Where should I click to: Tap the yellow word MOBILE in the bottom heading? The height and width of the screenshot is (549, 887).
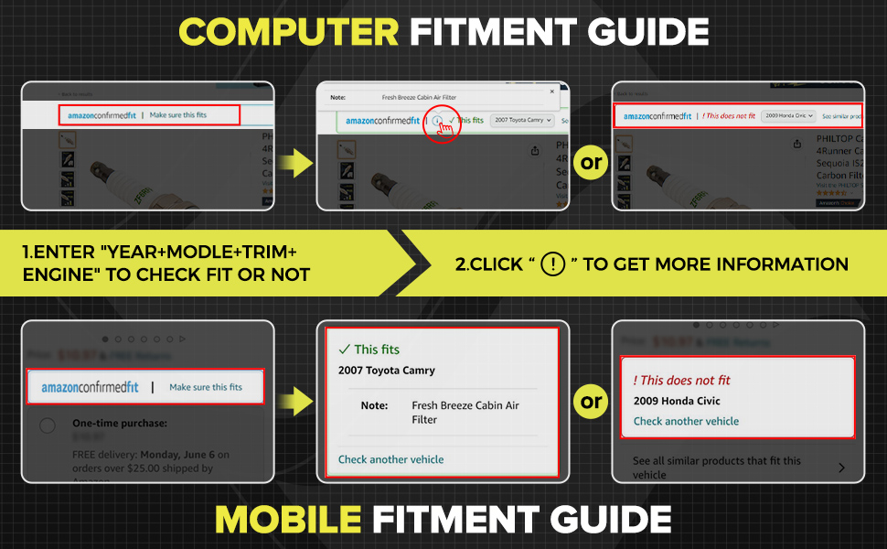(x=288, y=519)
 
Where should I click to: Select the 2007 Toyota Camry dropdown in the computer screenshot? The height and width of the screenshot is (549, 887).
(x=522, y=120)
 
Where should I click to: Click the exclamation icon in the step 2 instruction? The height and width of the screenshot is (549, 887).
(x=553, y=264)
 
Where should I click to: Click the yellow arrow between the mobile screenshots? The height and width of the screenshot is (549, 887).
(x=294, y=400)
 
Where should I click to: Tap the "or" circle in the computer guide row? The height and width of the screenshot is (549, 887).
(x=592, y=163)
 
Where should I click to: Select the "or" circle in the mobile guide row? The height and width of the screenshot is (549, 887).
(x=592, y=401)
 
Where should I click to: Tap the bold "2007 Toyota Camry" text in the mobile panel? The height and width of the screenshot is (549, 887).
(x=387, y=371)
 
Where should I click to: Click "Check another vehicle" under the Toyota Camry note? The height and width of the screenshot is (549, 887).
(x=390, y=459)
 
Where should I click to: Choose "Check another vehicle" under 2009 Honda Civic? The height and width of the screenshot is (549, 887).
(x=686, y=421)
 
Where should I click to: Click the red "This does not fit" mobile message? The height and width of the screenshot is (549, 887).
(x=681, y=380)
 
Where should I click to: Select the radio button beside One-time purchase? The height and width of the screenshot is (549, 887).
(x=48, y=425)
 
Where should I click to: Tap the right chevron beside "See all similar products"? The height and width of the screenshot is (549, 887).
(x=840, y=468)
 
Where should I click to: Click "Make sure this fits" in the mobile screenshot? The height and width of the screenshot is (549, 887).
(x=206, y=387)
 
